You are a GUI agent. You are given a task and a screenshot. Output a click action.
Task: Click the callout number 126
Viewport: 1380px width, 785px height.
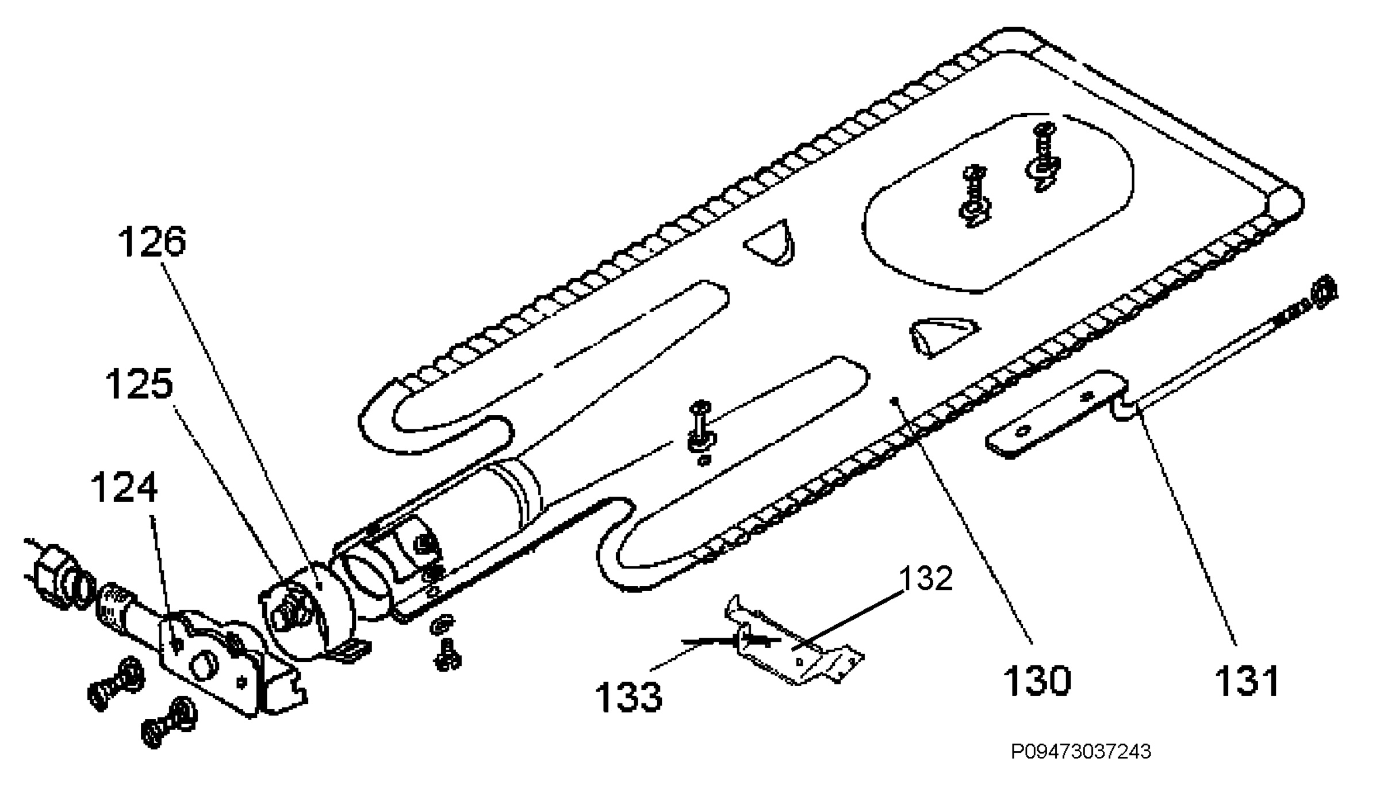(152, 242)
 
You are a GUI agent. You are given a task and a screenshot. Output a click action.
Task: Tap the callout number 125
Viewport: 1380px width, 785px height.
(139, 384)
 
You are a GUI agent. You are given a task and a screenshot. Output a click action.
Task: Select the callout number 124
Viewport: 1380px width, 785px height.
(124, 488)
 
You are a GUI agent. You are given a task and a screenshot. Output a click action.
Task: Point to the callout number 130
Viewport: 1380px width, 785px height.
(1037, 680)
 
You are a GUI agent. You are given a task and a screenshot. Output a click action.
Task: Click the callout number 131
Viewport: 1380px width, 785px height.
(1247, 680)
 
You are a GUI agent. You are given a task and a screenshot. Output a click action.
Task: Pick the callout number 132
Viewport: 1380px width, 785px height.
(926, 578)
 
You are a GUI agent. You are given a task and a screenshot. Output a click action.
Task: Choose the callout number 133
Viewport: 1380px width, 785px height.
(628, 696)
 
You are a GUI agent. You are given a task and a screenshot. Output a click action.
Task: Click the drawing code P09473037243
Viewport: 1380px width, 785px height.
(1081, 752)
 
